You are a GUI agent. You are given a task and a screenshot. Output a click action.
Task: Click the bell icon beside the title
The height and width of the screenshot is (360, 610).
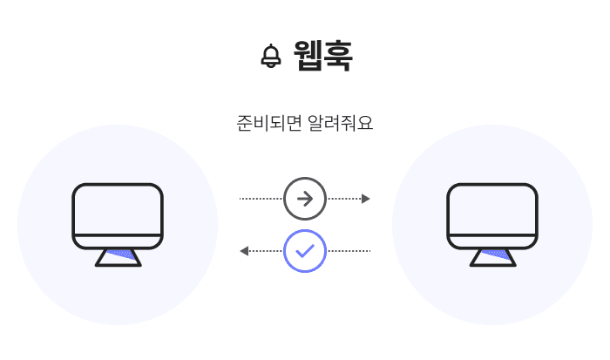click(271, 57)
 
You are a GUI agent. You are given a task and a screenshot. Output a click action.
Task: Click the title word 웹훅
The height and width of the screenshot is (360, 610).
click(323, 57)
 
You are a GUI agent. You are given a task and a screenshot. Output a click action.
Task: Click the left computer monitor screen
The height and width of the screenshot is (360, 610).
click(118, 209)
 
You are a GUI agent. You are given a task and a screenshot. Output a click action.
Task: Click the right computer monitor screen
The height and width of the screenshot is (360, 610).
click(492, 209)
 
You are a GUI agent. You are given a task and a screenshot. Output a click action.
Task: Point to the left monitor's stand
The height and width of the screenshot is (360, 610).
click(118, 257)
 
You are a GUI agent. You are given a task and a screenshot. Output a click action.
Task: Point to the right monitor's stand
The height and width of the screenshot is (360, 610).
click(492, 257)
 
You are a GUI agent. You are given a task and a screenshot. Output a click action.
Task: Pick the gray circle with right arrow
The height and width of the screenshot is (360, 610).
click(305, 199)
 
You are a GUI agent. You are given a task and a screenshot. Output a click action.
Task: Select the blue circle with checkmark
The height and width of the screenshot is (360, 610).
click(305, 251)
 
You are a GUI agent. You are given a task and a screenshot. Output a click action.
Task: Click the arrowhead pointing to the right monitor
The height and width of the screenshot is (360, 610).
click(366, 199)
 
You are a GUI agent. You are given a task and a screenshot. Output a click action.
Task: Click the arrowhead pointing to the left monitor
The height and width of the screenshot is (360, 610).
click(245, 251)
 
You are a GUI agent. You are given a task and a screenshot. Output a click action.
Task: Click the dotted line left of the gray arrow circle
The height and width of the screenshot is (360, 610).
click(261, 199)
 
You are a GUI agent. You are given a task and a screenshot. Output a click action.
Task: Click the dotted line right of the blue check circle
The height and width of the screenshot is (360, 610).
click(349, 251)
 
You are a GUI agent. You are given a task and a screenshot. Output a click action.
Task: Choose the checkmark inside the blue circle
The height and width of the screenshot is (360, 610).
click(305, 251)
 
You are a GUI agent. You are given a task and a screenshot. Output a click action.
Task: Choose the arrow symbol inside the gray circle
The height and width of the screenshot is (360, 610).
click(305, 199)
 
